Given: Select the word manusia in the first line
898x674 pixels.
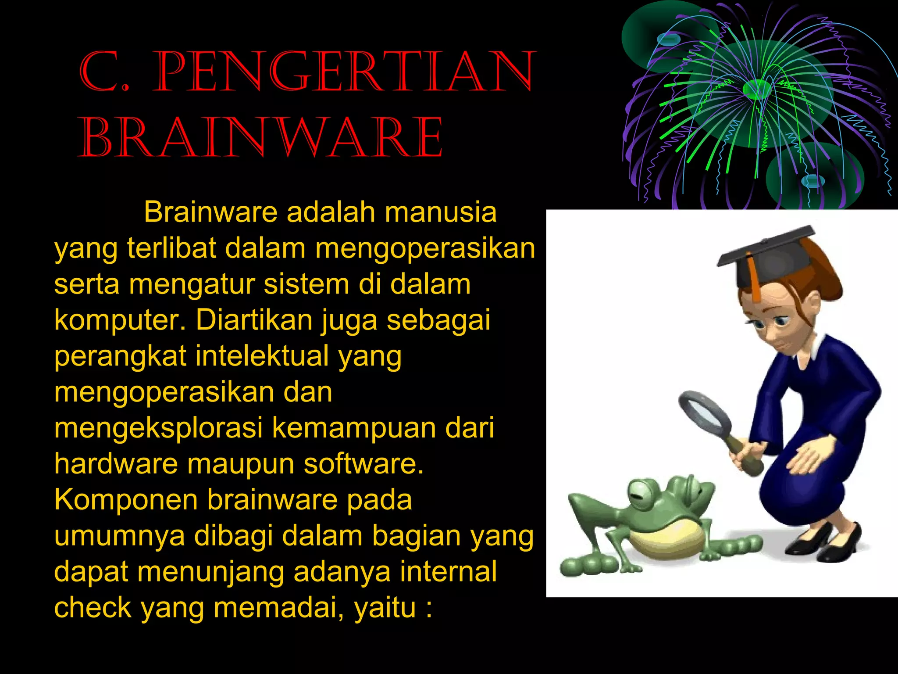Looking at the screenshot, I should point(440,212).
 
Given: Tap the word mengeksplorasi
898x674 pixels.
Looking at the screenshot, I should point(158,428).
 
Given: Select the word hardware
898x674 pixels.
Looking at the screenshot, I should point(116,464).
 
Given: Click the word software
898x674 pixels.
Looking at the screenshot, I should point(363,464).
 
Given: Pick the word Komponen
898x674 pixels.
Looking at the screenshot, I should point(126,500).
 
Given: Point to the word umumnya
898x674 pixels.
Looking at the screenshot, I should point(119,536).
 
